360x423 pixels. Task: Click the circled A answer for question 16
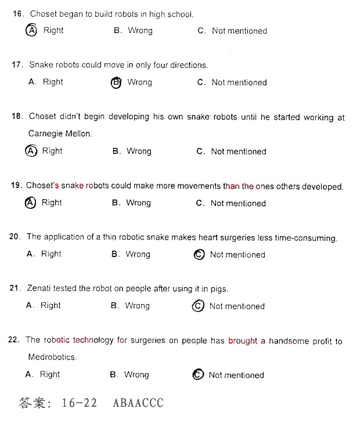coord(31,30)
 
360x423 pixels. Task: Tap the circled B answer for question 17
coord(116,82)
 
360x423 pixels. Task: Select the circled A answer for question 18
coord(31,151)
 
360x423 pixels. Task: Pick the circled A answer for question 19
coord(30,203)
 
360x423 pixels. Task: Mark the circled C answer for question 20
coord(199,254)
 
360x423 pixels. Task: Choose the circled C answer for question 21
coord(198,306)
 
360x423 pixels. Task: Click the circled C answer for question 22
coord(198,375)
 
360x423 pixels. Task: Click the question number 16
coord(17,13)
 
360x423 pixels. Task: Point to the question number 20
coord(16,237)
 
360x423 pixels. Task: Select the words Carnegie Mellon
coord(60,133)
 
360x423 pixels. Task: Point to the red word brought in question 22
coord(242,341)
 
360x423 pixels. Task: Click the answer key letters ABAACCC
coord(138,403)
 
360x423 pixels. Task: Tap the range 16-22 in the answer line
coord(79,403)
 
